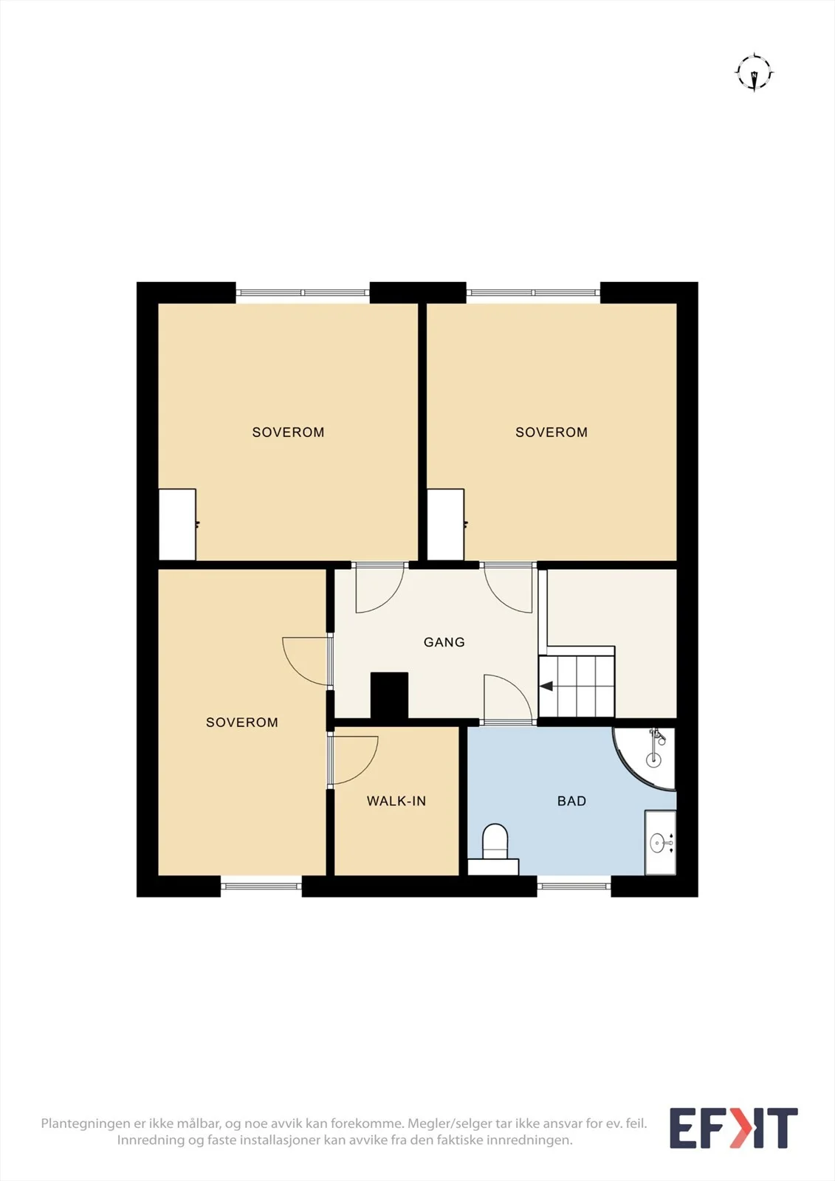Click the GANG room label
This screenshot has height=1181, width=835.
click(444, 642)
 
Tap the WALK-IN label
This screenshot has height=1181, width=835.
click(396, 801)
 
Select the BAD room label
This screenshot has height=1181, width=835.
click(571, 801)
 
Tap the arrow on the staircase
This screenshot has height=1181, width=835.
click(546, 686)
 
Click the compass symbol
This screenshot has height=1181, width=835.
click(755, 72)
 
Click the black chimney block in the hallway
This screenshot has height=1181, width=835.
click(389, 695)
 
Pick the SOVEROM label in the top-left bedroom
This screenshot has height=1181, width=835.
click(288, 433)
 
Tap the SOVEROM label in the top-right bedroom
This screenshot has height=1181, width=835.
click(551, 433)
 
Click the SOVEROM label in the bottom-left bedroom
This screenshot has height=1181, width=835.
click(242, 723)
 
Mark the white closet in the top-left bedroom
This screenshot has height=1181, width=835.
click(177, 525)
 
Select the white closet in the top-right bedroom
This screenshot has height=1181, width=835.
click(446, 525)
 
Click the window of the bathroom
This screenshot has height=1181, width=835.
click(574, 886)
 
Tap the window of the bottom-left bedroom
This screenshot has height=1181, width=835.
click(261, 886)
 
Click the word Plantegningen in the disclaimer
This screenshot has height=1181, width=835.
click(86, 1124)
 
